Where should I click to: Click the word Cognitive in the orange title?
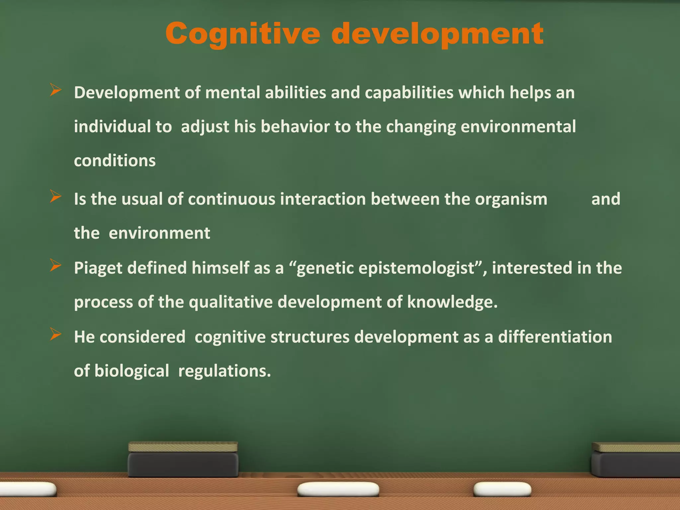pos(243,34)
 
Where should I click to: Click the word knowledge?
pos(452,302)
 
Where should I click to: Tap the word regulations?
pos(224,371)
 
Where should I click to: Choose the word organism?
pos(511,199)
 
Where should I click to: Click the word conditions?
pos(115,161)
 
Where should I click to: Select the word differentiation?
pos(555,337)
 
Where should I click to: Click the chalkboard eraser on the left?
pos(183,460)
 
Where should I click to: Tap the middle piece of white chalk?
pos(338,489)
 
